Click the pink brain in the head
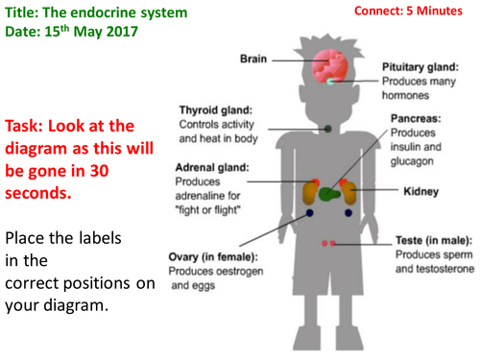coord(329,66)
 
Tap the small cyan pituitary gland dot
coord(330,82)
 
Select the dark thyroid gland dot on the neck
coord(328,129)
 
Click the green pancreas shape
coord(329,194)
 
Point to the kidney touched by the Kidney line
coord(349,193)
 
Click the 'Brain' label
coord(253,59)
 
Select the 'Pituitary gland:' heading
coord(420,67)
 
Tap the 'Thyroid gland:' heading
coord(216,110)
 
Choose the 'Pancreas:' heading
coord(416,119)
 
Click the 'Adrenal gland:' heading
coord(212,167)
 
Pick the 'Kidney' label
coord(420,191)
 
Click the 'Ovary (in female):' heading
coord(213,257)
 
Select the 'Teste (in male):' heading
coord(434,240)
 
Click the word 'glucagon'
coord(412,161)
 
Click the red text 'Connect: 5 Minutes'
coord(408,11)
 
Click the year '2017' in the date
coord(122,32)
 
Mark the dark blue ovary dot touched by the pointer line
coord(309,213)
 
